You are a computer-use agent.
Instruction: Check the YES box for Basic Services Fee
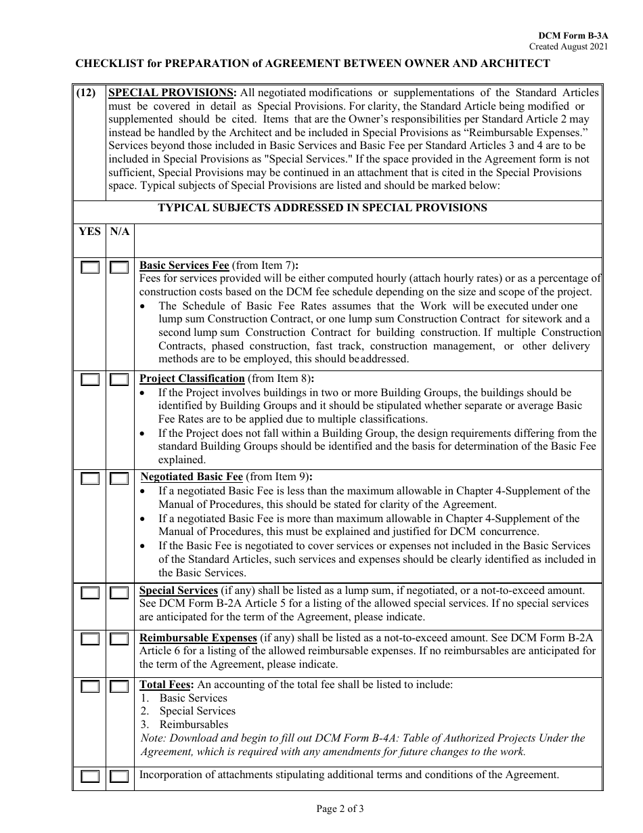coord(90,268)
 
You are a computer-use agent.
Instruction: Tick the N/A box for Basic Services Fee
coord(119,268)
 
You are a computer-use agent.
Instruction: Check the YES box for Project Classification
coord(90,380)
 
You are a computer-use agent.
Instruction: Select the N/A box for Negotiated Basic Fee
coord(119,479)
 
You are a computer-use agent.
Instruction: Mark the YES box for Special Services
coord(90,593)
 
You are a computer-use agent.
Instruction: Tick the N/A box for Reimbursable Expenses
coord(119,639)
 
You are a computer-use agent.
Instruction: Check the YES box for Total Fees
coord(90,687)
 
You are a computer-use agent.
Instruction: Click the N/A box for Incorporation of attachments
coord(119,777)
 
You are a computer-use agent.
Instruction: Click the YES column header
coord(89,232)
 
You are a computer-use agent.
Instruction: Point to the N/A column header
coord(120,232)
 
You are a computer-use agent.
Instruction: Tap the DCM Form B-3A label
coord(573,35)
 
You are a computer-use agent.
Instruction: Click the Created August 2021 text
coord(569,47)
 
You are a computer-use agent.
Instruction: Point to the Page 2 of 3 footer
coord(340,808)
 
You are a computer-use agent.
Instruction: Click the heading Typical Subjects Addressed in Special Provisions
coord(322,208)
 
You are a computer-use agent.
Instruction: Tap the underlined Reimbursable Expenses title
coord(198,638)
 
